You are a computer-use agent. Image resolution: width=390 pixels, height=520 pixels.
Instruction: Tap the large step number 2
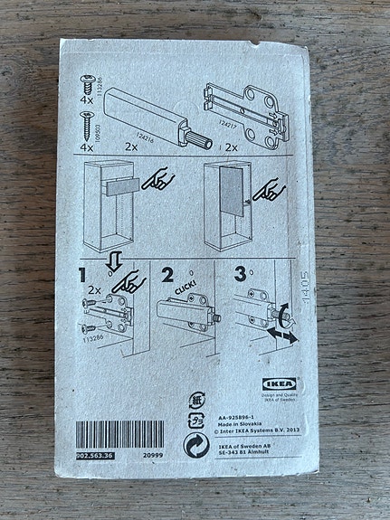coord(166,273)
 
